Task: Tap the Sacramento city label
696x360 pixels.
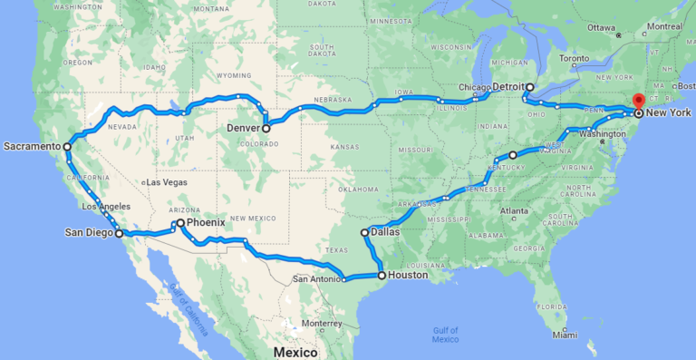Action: tap(32, 146)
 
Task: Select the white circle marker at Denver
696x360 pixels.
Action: tap(266, 129)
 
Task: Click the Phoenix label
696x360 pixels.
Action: tap(206, 222)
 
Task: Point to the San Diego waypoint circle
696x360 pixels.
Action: tap(119, 233)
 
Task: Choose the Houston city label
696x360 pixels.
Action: tap(409, 275)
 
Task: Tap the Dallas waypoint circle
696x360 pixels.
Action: tap(365, 233)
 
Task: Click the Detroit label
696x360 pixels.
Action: tap(508, 87)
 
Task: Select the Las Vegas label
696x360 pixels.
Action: tap(168, 182)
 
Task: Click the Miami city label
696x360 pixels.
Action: tap(564, 335)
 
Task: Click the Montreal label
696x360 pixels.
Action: tap(664, 26)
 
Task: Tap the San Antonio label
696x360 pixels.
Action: tap(315, 279)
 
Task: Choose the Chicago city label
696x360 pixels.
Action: tap(474, 87)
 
